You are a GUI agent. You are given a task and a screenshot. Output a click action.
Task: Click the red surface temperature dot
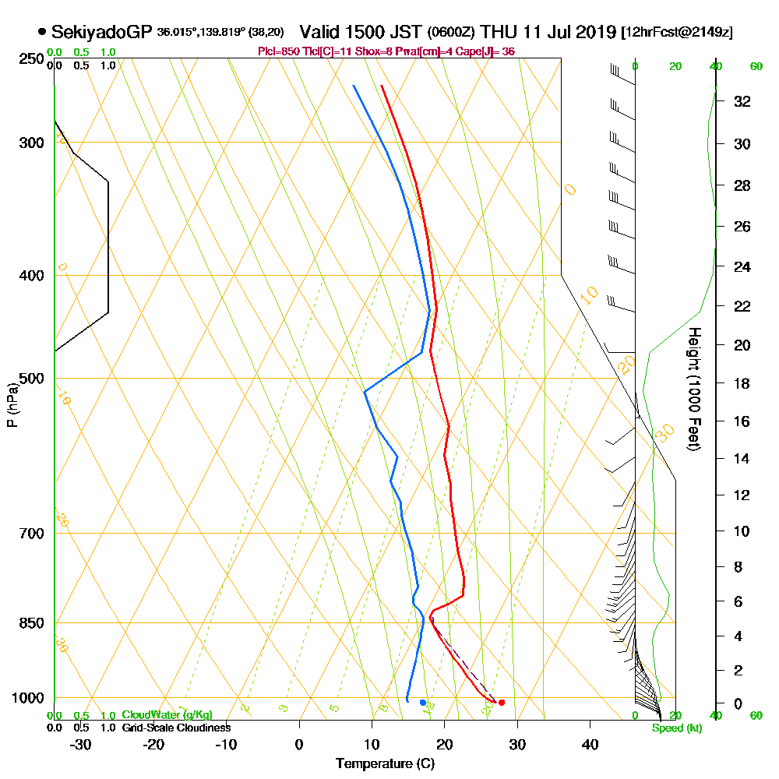(x=501, y=703)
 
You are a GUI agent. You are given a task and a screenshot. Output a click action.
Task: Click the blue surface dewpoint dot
(x=423, y=703)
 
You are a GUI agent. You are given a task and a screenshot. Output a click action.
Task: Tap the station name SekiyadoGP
(x=101, y=32)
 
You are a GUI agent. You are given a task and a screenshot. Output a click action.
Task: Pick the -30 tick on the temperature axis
(x=81, y=744)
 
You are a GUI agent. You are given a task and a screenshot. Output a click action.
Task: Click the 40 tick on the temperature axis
(x=590, y=744)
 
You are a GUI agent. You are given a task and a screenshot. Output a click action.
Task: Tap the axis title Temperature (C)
(x=385, y=764)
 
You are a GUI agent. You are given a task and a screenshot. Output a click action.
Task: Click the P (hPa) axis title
(x=12, y=404)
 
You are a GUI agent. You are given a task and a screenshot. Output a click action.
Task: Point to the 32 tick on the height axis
(x=742, y=101)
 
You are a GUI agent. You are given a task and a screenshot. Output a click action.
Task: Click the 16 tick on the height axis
(x=742, y=421)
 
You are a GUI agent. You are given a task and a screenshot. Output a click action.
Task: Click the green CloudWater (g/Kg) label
(x=167, y=715)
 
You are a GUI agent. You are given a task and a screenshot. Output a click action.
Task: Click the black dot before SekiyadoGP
(x=41, y=33)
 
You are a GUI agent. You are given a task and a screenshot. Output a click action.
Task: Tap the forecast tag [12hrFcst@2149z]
(x=676, y=33)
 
